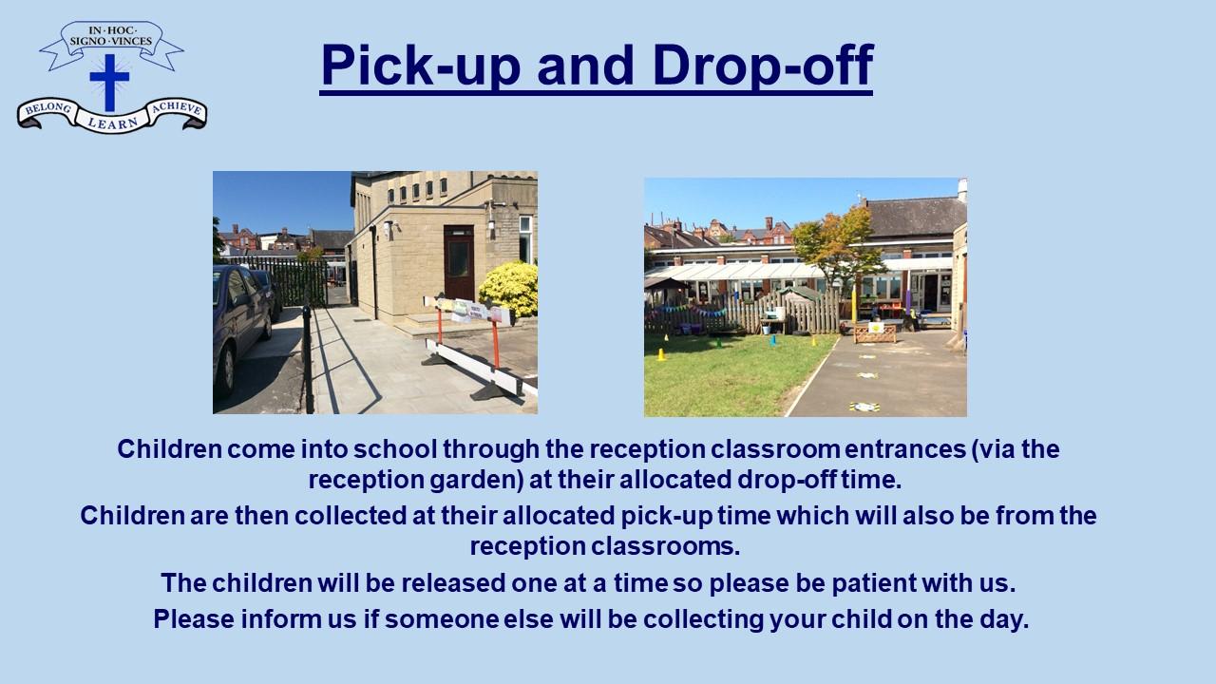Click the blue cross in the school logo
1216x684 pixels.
pyautogui.click(x=109, y=82)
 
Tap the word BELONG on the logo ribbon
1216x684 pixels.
pyautogui.click(x=48, y=108)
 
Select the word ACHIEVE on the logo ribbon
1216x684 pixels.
pyautogui.click(x=177, y=108)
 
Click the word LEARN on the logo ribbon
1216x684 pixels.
pyautogui.click(x=112, y=123)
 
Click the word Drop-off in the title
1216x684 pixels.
pyautogui.click(x=763, y=66)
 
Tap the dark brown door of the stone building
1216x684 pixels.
pyautogui.click(x=459, y=262)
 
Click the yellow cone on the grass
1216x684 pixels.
pyautogui.click(x=661, y=354)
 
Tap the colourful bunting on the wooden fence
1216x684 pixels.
pyautogui.click(x=686, y=311)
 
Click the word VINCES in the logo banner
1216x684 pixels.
pyautogui.click(x=131, y=41)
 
